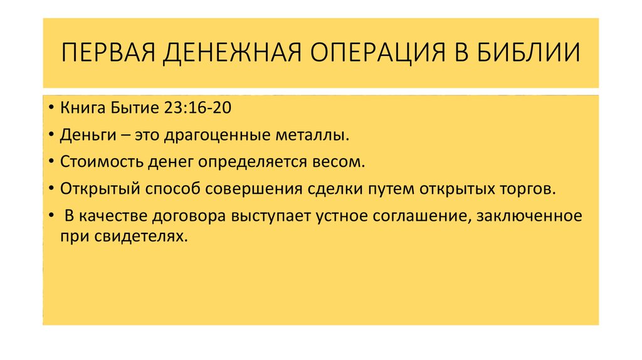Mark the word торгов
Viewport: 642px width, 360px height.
[x=529, y=189]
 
